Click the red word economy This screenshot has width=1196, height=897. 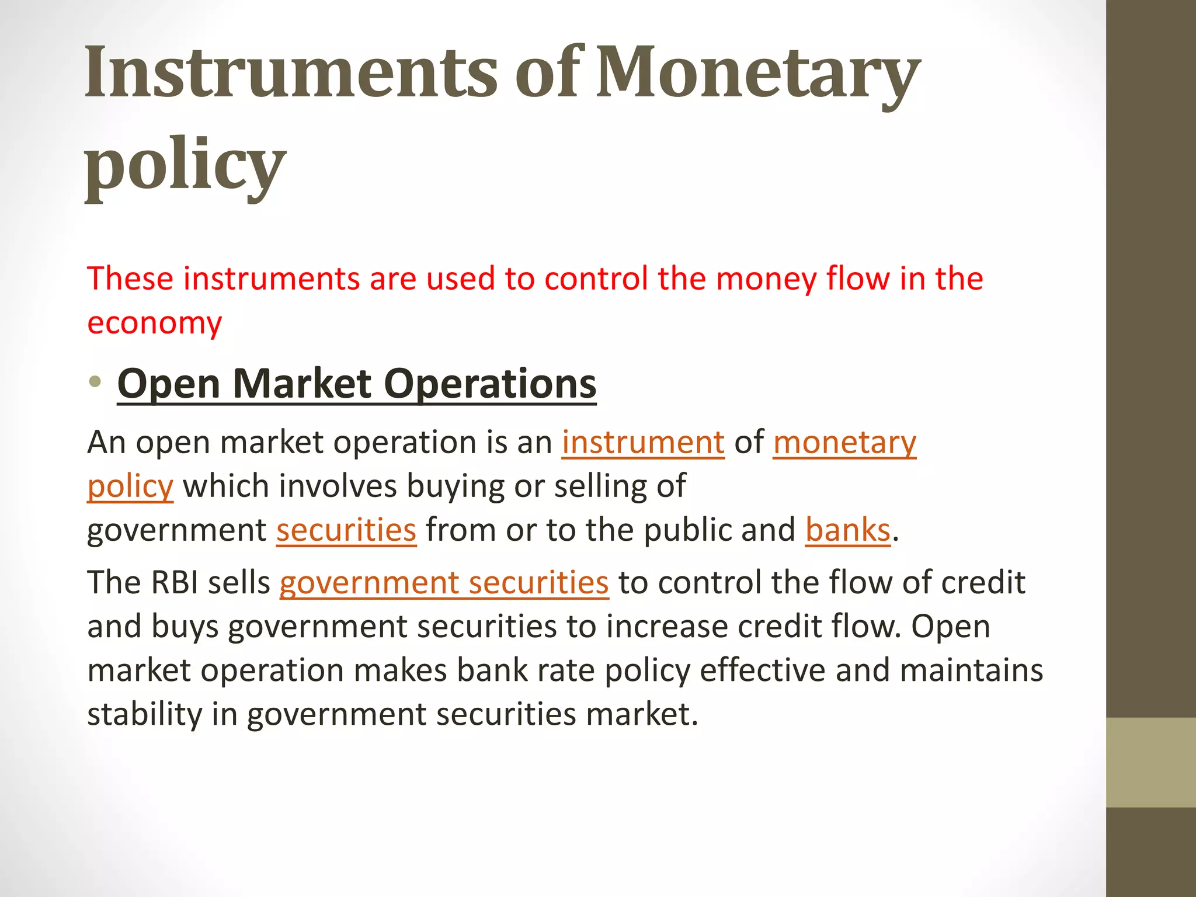click(x=154, y=324)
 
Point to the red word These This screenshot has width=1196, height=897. click(x=130, y=278)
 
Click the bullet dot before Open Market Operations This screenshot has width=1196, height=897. click(x=95, y=383)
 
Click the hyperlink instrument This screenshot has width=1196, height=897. click(x=643, y=442)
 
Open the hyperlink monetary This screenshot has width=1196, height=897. click(x=844, y=442)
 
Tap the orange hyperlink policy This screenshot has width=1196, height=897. click(x=130, y=486)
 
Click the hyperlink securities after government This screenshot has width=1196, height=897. click(x=346, y=530)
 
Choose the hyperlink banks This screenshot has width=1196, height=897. click(x=847, y=530)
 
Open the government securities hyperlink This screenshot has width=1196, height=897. click(x=444, y=583)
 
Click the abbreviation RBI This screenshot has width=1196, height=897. click(x=175, y=583)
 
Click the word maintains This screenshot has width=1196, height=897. click(x=971, y=670)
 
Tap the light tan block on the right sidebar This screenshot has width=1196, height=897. click(x=1150, y=762)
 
